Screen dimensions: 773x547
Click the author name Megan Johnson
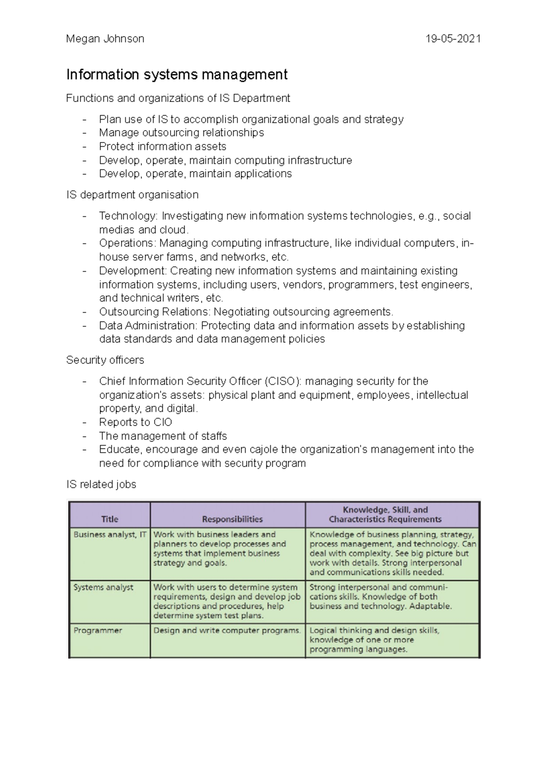coord(105,39)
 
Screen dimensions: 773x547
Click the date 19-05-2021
coord(453,39)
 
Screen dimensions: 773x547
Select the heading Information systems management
coord(177,74)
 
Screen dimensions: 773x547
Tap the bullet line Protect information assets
coord(162,146)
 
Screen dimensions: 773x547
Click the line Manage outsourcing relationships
coord(181,132)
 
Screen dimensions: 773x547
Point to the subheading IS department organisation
coord(132,195)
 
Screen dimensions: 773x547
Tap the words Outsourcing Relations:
coord(155,312)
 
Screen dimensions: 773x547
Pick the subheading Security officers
coord(105,360)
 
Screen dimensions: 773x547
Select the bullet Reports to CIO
coord(135,422)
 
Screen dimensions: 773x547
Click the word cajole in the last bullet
coord(264,449)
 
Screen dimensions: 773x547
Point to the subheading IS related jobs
coord(101,484)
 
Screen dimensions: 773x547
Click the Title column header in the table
coord(109,519)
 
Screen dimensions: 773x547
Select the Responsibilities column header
coord(232,519)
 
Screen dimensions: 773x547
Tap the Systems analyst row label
coord(103,587)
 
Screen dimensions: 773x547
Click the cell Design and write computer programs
coord(227,631)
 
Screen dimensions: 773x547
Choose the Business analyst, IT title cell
coord(110,534)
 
